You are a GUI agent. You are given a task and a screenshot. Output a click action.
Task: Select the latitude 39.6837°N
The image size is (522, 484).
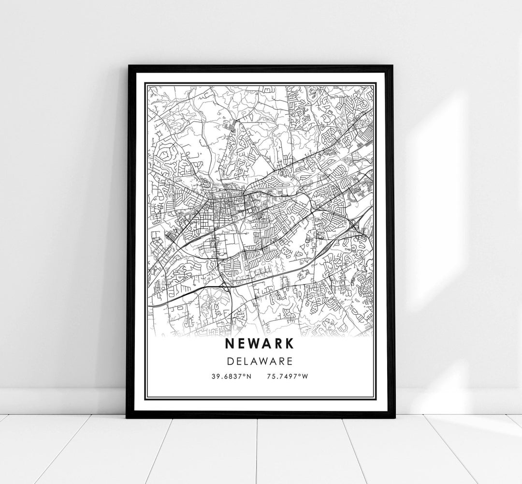(230, 376)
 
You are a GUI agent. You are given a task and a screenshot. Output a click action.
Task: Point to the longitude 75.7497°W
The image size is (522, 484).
(287, 376)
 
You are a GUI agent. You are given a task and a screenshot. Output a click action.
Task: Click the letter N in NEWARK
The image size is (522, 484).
(230, 343)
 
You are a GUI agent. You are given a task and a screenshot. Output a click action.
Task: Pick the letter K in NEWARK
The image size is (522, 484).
(289, 343)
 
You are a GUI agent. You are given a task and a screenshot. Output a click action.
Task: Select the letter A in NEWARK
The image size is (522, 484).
(266, 343)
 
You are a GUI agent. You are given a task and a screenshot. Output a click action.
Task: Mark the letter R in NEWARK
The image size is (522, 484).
(277, 343)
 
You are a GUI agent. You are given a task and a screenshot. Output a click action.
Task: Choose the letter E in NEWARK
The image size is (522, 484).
(241, 343)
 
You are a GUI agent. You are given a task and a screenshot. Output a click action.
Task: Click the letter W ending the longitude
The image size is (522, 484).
(304, 376)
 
